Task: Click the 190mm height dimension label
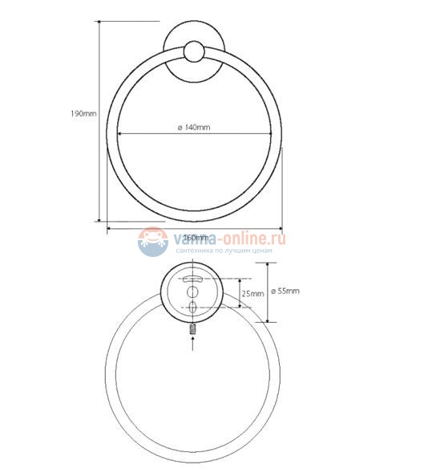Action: (x=83, y=113)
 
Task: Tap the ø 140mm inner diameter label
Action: (x=193, y=127)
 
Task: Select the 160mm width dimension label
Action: (x=195, y=237)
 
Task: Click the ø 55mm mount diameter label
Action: (x=285, y=291)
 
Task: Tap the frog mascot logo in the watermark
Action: (x=152, y=241)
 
